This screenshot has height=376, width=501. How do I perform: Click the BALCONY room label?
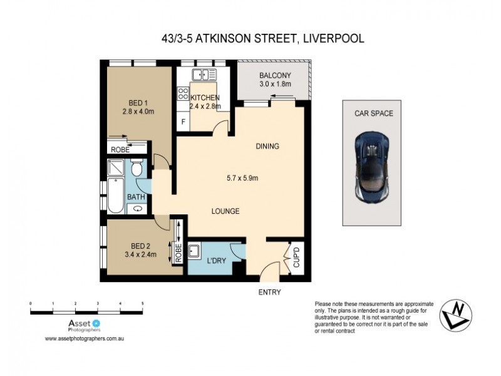(274, 78)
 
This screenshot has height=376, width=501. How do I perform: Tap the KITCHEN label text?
(205, 98)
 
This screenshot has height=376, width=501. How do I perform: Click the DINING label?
(267, 147)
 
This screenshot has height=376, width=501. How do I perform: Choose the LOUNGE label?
(225, 211)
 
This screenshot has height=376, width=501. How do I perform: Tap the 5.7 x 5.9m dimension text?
(242, 178)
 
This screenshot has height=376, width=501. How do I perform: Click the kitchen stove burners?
(183, 94)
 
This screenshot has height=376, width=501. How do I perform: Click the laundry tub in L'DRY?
(195, 253)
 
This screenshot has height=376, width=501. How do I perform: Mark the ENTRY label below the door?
(269, 293)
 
